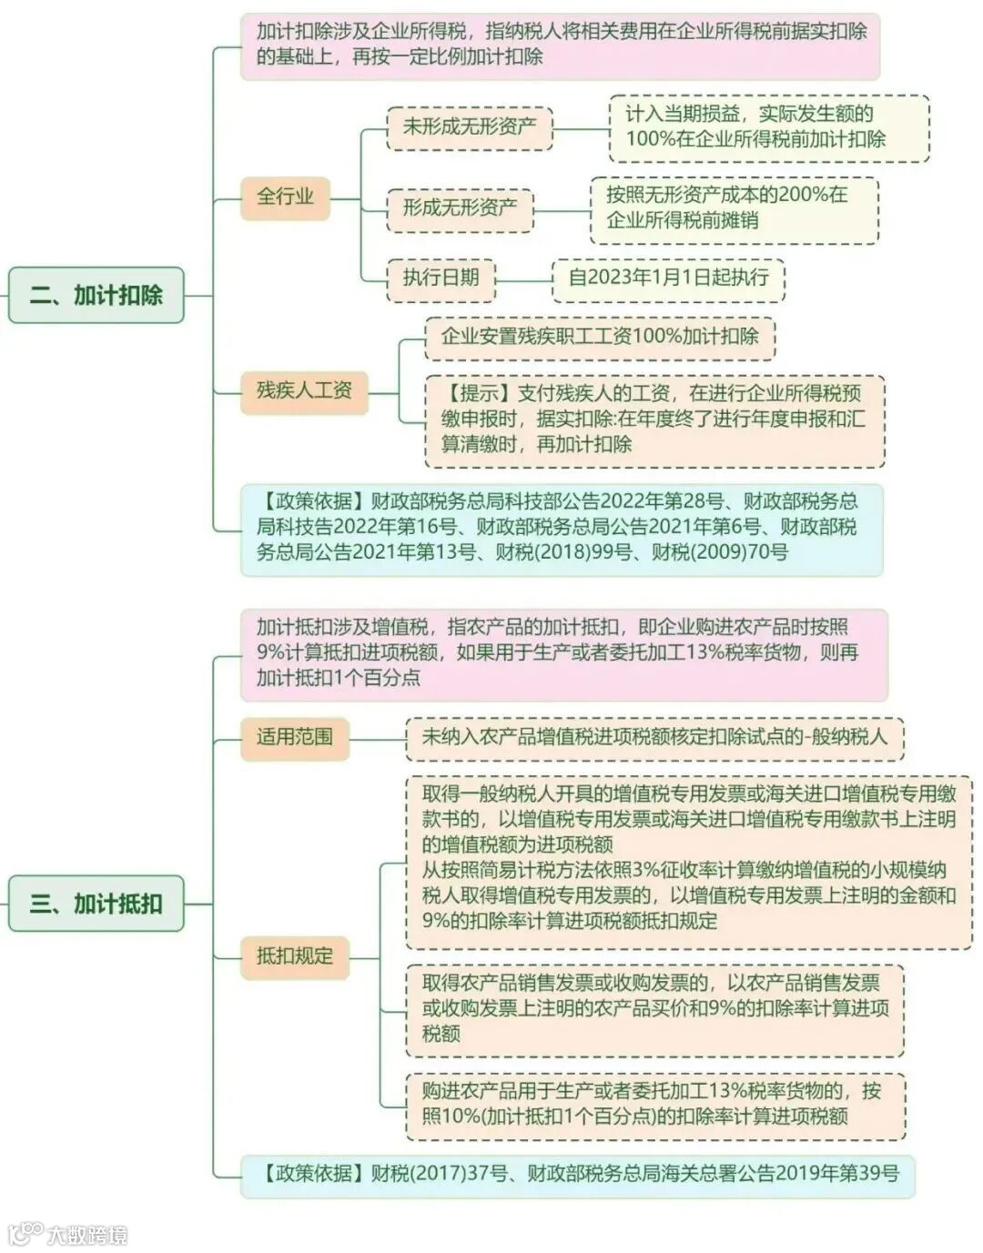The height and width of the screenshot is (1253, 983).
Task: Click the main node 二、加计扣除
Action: pyautogui.click(x=96, y=295)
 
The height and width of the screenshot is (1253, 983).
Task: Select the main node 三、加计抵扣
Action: pyautogui.click(x=96, y=903)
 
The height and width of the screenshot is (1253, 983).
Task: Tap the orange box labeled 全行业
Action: pyautogui.click(x=285, y=196)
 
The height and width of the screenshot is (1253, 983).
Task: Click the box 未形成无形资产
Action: pyautogui.click(x=470, y=126)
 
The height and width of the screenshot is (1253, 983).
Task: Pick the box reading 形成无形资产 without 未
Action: pyautogui.click(x=460, y=207)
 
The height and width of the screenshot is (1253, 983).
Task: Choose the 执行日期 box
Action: pyautogui.click(x=441, y=277)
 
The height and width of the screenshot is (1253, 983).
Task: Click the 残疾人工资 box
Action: pyautogui.click(x=304, y=390)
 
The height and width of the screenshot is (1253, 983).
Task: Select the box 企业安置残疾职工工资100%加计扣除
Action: pyautogui.click(x=599, y=336)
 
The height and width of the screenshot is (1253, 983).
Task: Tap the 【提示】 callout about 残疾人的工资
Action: pyautogui.click(x=654, y=419)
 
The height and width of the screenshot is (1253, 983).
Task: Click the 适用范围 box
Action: pyautogui.click(x=294, y=736)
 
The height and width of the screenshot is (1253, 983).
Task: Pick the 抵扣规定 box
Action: pyautogui.click(x=294, y=955)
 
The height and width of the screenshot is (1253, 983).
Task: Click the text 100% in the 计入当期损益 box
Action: pyautogui.click(x=647, y=139)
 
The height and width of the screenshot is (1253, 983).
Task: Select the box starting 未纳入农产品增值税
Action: pyautogui.click(x=654, y=737)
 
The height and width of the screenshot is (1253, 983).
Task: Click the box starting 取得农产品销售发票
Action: pyautogui.click(x=654, y=1008)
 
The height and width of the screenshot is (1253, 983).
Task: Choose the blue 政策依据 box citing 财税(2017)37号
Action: pyautogui.click(x=577, y=1173)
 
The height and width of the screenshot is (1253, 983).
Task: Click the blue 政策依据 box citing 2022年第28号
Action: pyautogui.click(x=561, y=526)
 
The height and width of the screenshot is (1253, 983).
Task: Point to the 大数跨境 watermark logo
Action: pyautogui.click(x=68, y=1234)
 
